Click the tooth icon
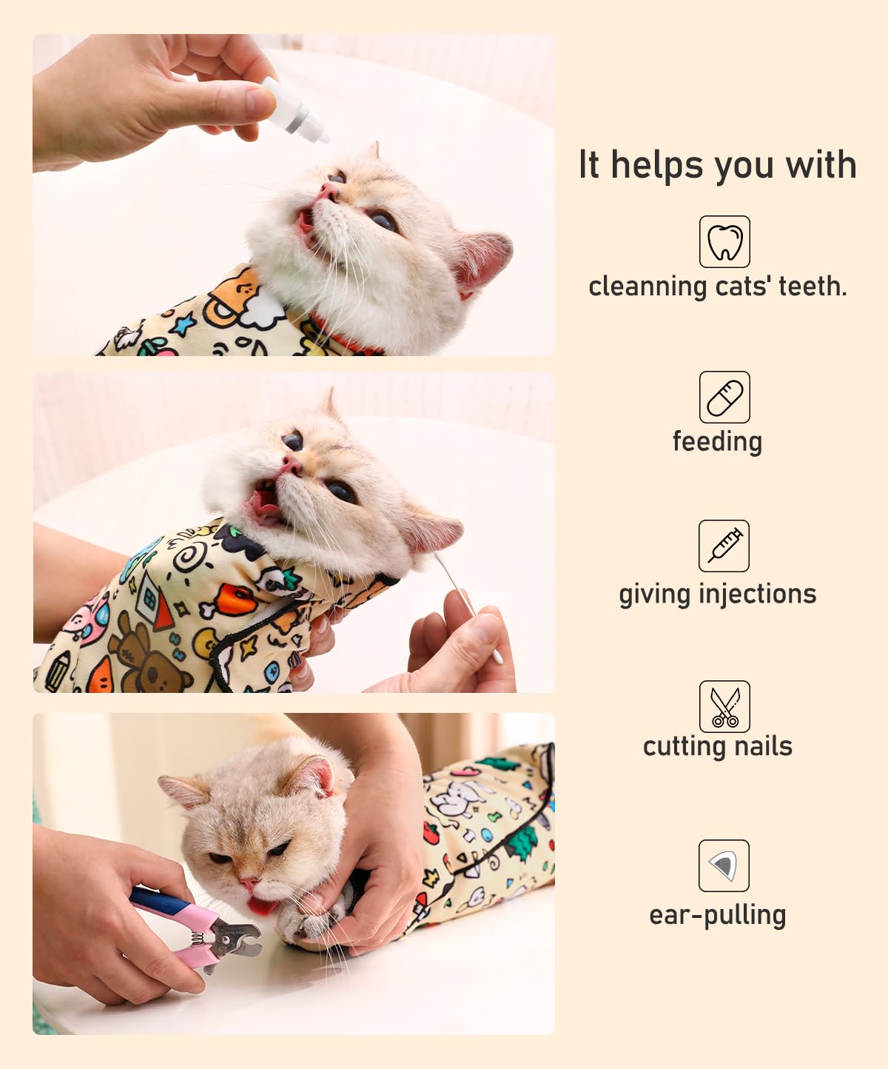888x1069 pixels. [724, 242]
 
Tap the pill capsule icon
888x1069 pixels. [724, 398]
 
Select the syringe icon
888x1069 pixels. [724, 546]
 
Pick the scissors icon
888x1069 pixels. [724, 707]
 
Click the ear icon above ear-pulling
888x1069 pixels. [724, 865]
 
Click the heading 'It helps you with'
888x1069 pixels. [717, 165]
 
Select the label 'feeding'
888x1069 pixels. [717, 441]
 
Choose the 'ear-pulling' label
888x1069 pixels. [717, 916]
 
